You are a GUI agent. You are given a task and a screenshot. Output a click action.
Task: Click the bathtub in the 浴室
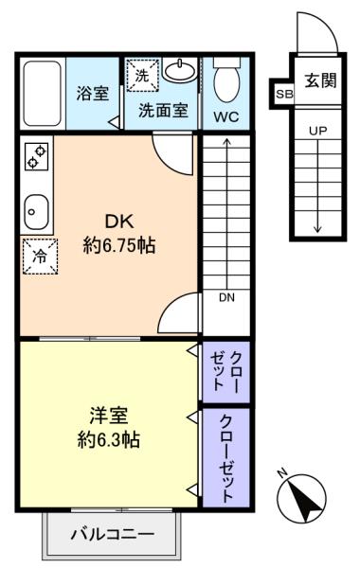(42, 94)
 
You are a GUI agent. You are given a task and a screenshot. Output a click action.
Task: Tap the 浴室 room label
(93, 93)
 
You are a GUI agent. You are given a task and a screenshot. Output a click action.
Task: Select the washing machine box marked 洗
(142, 76)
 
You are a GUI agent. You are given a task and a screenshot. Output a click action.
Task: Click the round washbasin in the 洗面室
(179, 70)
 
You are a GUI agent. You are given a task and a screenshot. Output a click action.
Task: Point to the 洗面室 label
(163, 110)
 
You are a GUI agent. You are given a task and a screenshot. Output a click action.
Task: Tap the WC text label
(226, 116)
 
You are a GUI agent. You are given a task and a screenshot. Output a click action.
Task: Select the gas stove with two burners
(37, 156)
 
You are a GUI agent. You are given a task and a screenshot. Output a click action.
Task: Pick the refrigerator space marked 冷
(40, 257)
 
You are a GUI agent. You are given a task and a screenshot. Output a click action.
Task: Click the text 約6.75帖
(119, 245)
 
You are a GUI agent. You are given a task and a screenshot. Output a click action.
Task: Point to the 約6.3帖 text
(109, 440)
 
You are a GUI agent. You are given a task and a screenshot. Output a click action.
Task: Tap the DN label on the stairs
(227, 297)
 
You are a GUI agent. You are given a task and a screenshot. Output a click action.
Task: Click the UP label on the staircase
(318, 131)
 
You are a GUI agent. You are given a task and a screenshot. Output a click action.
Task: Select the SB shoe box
(284, 94)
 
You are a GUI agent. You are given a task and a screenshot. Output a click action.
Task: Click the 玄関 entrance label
(320, 80)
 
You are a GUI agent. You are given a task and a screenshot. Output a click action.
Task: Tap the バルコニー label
(113, 534)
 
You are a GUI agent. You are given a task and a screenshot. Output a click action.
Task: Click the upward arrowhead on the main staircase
(227, 141)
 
